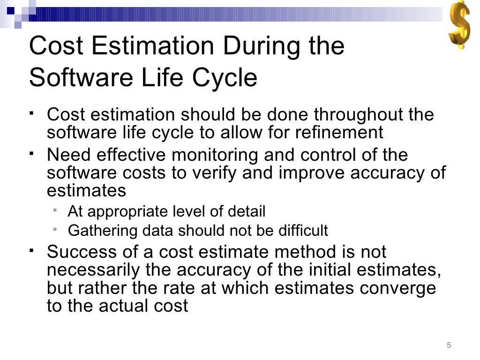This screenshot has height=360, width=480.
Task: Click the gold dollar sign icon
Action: (x=458, y=24)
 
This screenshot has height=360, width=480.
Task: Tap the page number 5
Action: (x=449, y=345)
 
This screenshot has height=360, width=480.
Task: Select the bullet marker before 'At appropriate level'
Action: (x=55, y=210)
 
